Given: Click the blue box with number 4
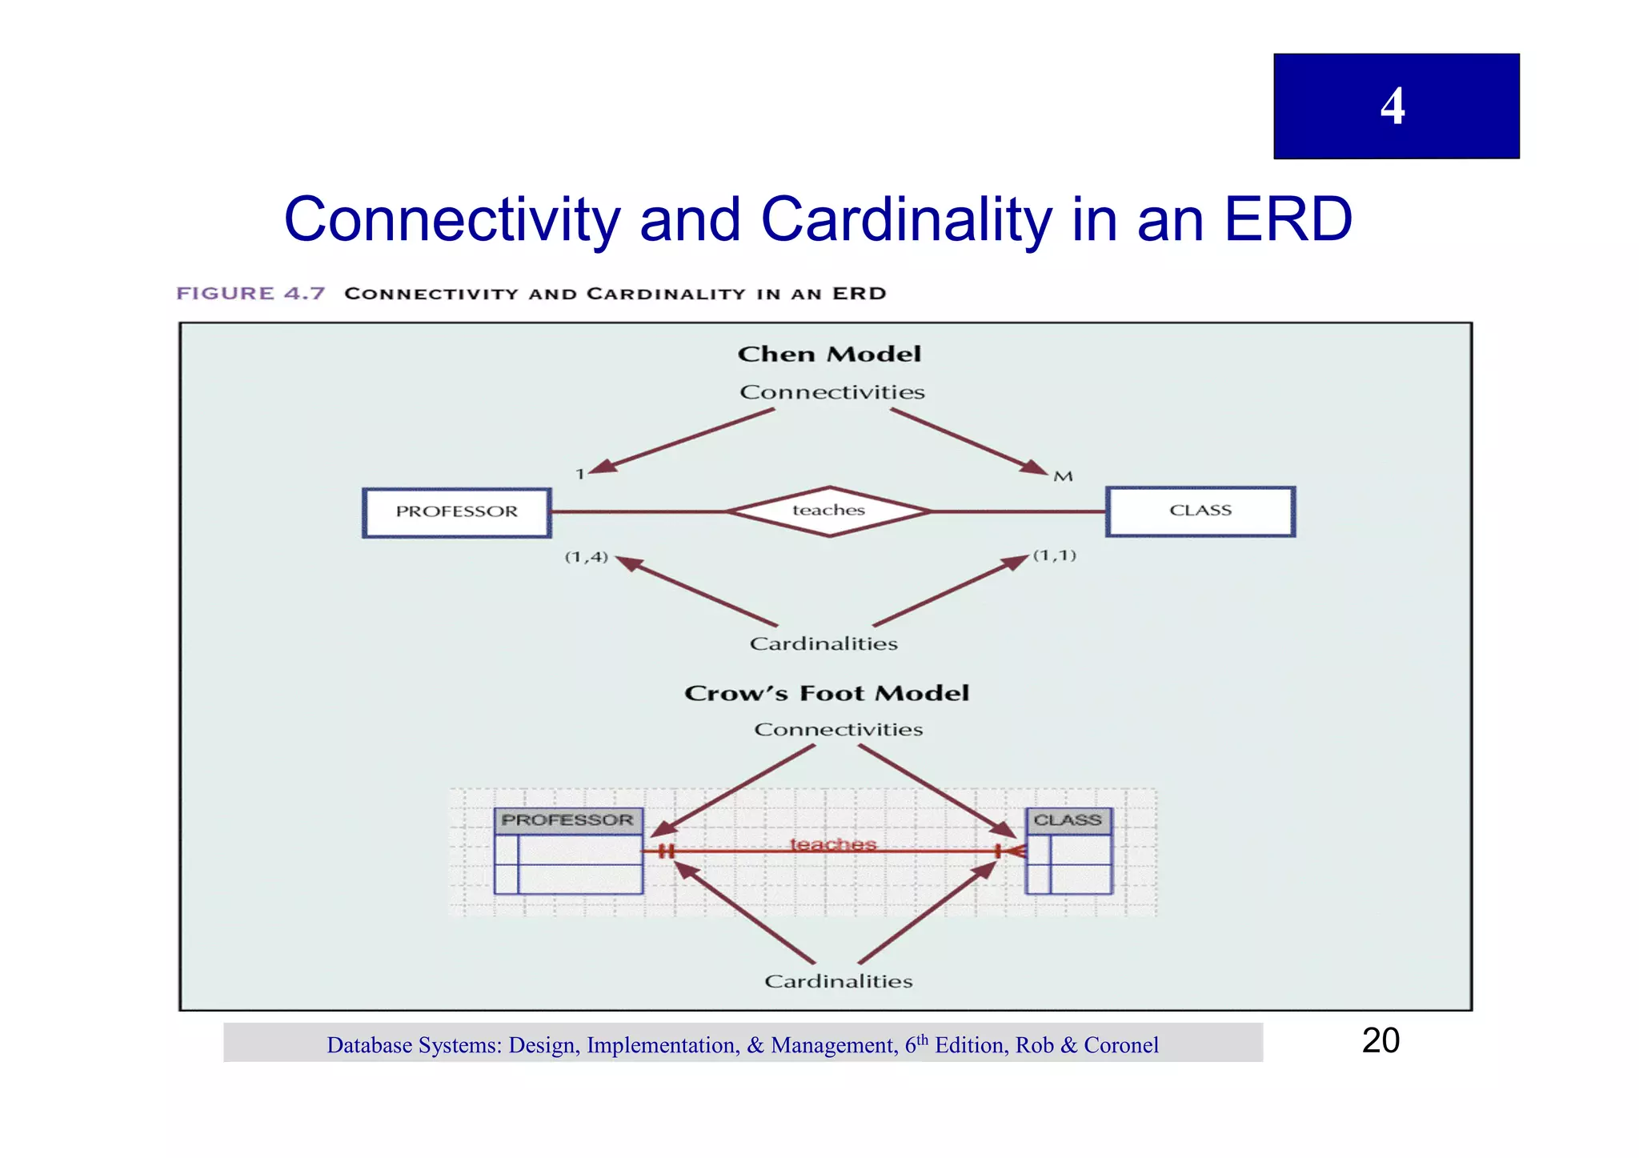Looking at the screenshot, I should (x=1396, y=106).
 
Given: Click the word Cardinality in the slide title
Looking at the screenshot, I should (x=906, y=220).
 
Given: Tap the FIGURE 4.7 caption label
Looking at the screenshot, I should (x=250, y=293).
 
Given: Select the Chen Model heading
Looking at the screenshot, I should (x=829, y=354).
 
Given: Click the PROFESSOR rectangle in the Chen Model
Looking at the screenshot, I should (x=457, y=512).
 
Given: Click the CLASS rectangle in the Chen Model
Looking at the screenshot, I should (x=1200, y=511).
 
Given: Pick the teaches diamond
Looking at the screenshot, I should (x=829, y=511).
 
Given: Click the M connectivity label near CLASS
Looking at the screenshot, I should (x=1063, y=477).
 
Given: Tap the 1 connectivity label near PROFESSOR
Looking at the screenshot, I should (x=580, y=475).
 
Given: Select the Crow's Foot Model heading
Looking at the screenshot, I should (x=827, y=693).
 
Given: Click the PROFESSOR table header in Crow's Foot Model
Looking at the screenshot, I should (x=567, y=820).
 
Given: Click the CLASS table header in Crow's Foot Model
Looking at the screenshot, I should (x=1068, y=820).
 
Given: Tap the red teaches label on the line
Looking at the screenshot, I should (x=833, y=844).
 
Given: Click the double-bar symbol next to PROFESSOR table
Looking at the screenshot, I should (x=666, y=851).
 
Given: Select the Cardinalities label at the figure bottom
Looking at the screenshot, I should (x=838, y=981).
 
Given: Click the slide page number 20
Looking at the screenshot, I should (x=1381, y=1040).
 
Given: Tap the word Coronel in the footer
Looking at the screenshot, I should (x=1120, y=1045).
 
